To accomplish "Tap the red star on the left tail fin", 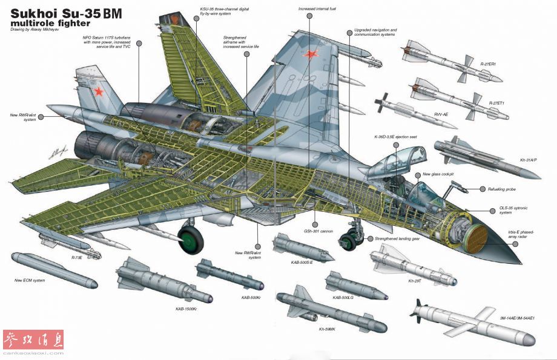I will pyautogui.click(x=98, y=92).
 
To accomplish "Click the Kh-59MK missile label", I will pyautogui.click(x=331, y=329).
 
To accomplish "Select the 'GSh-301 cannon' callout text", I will pyautogui.click(x=318, y=230).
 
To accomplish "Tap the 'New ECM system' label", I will pyautogui.click(x=30, y=280).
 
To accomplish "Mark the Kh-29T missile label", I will pyautogui.click(x=415, y=281).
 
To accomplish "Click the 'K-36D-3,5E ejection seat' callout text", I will pyautogui.click(x=395, y=137).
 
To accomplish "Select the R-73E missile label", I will pyautogui.click(x=76, y=258).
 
